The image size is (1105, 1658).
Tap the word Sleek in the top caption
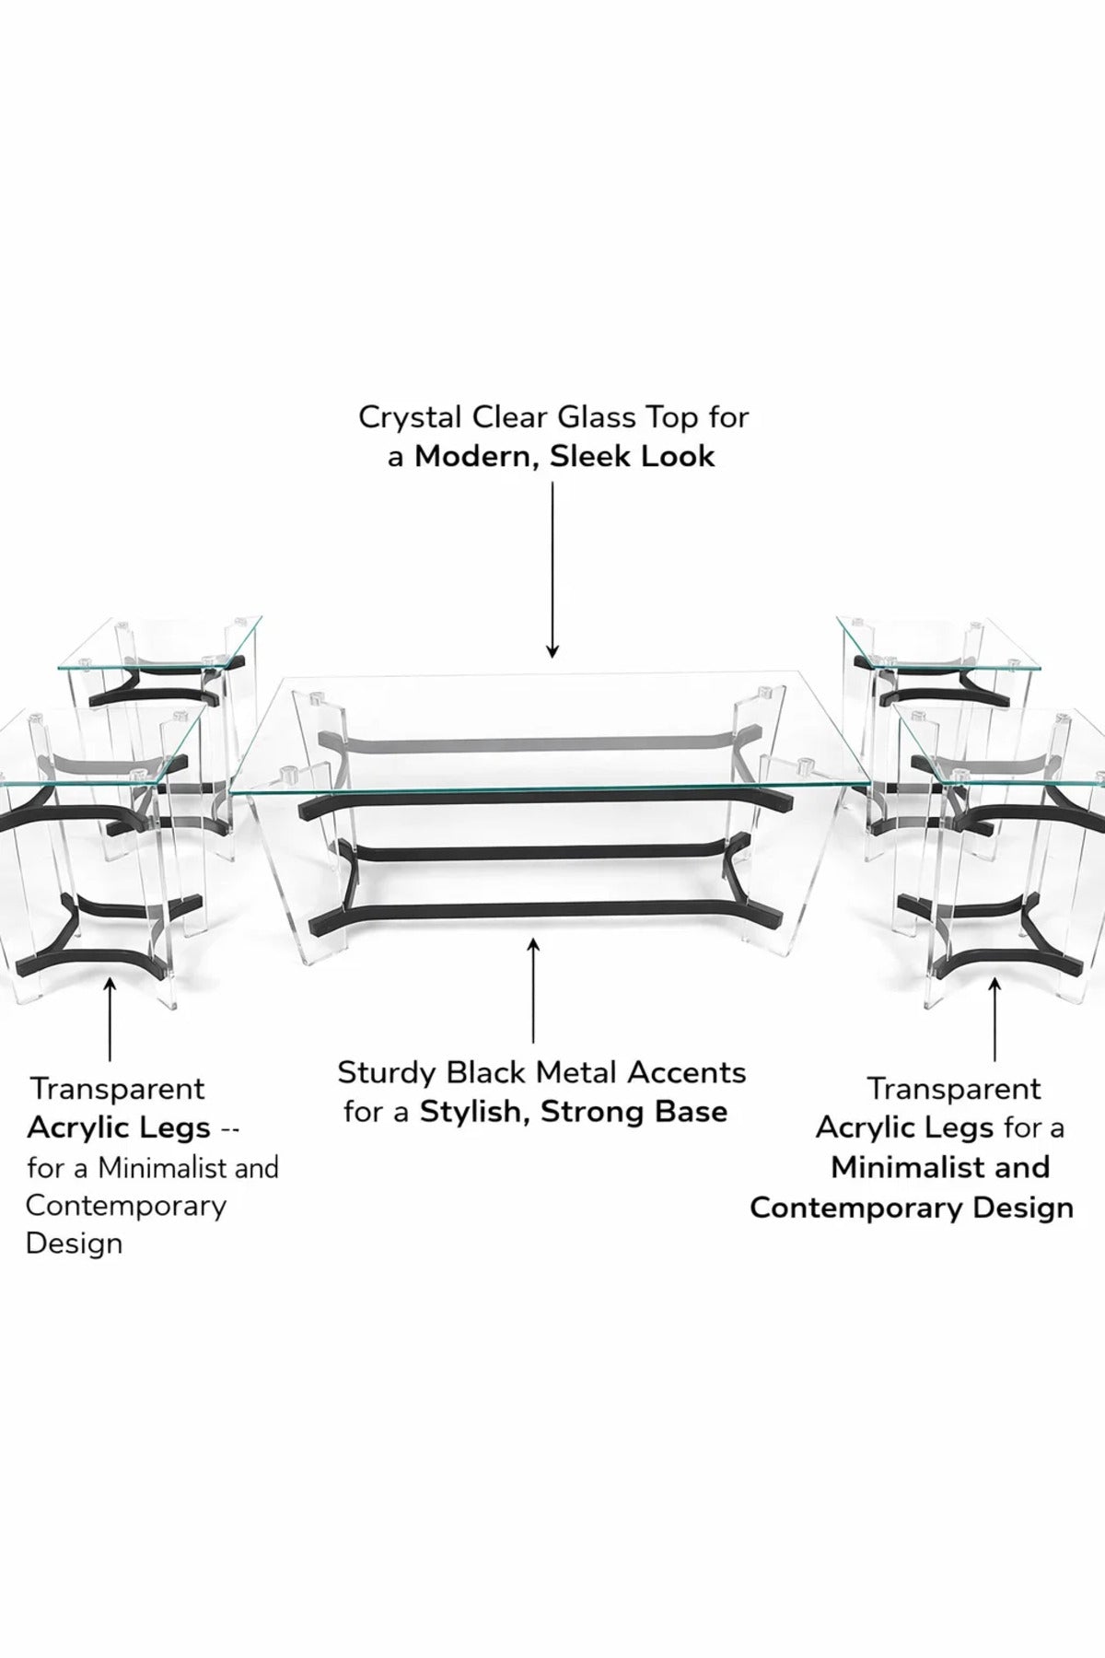pos(591,456)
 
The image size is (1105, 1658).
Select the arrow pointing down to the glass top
pos(552,570)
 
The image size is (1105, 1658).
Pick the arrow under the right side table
pos(994,1020)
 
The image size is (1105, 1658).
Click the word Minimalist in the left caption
pos(163,1168)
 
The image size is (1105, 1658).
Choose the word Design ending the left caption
pos(74,1244)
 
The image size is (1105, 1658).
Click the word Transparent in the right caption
pos(954,1089)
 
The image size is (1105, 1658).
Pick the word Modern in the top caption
pos(478,457)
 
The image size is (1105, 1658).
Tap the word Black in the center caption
pos(487,1072)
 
